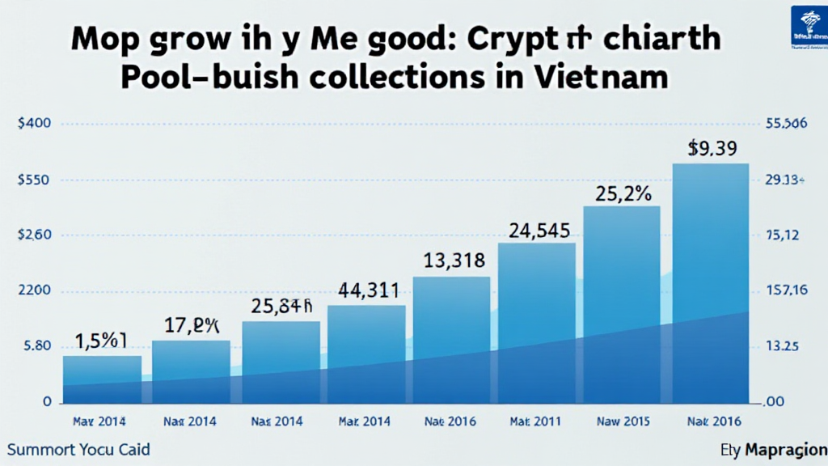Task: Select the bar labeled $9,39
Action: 711,283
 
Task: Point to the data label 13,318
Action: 454,261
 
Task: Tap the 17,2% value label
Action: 192,327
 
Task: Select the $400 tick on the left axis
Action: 34,124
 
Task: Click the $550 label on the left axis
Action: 34,180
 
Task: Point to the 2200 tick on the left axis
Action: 34,290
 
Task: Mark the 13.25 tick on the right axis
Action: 782,345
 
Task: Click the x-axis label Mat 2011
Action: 536,422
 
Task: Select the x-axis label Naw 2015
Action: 622,422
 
